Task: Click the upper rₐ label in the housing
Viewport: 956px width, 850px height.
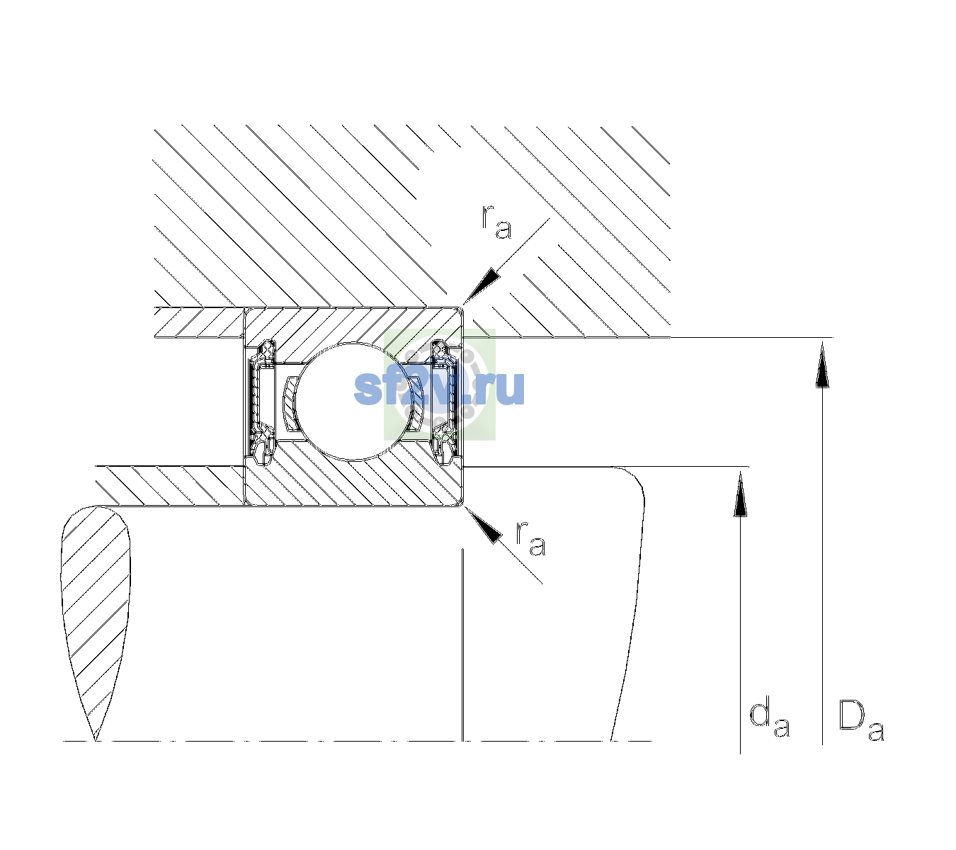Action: coord(496,222)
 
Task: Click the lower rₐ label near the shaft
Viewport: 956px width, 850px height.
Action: coord(531,538)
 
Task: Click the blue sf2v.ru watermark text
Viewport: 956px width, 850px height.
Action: coord(439,387)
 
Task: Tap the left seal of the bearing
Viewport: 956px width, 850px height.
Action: coord(259,401)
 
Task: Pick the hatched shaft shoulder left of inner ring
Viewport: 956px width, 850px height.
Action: coord(170,486)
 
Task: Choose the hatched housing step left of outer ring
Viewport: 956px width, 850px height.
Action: coord(199,322)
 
